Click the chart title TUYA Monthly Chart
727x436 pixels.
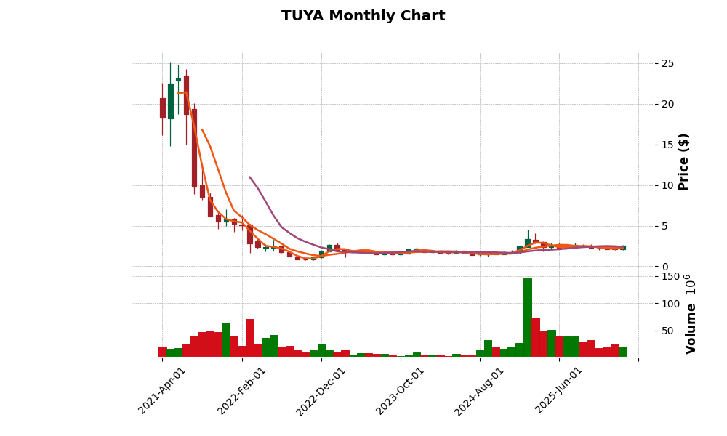click(363, 16)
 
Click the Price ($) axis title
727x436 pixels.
click(683, 161)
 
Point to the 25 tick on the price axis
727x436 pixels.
click(667, 64)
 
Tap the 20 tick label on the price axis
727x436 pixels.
click(667, 105)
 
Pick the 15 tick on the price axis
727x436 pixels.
click(667, 145)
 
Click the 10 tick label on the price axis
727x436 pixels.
click(667, 186)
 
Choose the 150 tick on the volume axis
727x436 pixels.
click(670, 277)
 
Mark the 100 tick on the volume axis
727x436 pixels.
click(670, 304)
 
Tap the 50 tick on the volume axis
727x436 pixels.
click(667, 331)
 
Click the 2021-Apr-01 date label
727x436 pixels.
click(162, 390)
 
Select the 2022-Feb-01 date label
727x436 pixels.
click(241, 390)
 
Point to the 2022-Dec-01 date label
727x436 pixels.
click(321, 390)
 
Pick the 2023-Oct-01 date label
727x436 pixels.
click(400, 390)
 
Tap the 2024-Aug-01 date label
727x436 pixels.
click(479, 390)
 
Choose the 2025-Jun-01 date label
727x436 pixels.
click(558, 390)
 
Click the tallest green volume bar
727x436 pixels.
click(528, 318)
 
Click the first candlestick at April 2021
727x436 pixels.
click(163, 108)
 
